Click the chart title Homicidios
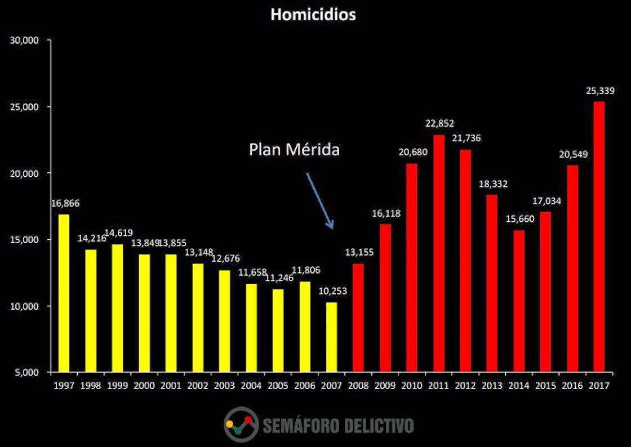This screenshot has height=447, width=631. point(313,15)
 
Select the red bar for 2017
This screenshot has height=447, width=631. point(599,236)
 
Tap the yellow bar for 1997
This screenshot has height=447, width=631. point(64,293)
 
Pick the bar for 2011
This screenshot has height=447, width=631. point(439,253)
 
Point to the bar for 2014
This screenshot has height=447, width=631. point(519,301)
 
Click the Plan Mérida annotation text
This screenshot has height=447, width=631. point(294,150)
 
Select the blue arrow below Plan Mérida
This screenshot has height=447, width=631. point(319,200)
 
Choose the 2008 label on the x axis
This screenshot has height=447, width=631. point(358,386)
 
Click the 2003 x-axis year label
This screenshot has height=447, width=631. point(224,386)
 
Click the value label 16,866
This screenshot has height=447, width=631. point(65,203)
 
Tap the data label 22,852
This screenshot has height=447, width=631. point(439,124)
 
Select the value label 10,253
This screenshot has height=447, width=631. point(331,291)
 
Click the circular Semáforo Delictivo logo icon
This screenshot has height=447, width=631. point(241,424)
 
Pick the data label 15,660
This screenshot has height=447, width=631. point(519,219)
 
